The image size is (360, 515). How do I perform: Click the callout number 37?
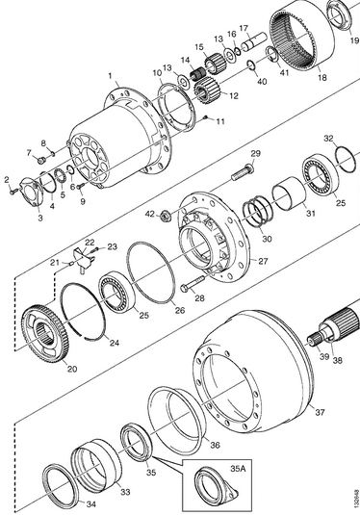[x=320, y=412]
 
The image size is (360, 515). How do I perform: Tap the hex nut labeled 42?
[x=166, y=217]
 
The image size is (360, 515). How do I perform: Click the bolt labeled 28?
[x=193, y=283]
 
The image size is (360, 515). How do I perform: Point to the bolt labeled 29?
[x=244, y=172]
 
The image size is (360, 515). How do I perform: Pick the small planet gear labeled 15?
[x=215, y=64]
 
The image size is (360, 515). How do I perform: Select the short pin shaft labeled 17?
[x=254, y=41]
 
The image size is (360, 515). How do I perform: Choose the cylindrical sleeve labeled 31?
[x=289, y=193]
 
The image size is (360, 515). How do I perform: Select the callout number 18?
[x=322, y=78]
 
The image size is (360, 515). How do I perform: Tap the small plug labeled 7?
[x=41, y=161]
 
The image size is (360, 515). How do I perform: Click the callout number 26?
[x=180, y=310]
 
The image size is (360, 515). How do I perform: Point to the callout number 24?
[x=114, y=343]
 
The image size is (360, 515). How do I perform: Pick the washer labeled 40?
[x=252, y=64]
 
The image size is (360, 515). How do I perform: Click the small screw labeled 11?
[x=206, y=117]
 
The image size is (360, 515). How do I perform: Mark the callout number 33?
[x=125, y=491]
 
